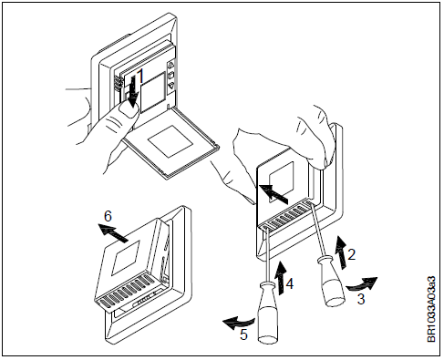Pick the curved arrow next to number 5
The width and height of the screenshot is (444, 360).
(x=240, y=320)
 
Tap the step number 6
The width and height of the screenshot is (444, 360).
(x=108, y=217)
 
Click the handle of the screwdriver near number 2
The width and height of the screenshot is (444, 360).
(x=325, y=280)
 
